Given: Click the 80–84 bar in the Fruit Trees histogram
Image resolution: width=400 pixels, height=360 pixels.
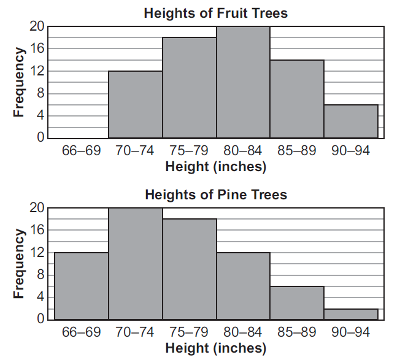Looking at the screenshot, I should click(x=243, y=82).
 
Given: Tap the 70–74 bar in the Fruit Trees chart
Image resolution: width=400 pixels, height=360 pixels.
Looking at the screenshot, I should click(x=135, y=104).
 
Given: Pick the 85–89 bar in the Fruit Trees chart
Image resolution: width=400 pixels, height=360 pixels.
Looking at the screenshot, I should click(x=297, y=99).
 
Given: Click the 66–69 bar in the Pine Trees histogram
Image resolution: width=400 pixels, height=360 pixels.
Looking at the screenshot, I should click(x=82, y=286).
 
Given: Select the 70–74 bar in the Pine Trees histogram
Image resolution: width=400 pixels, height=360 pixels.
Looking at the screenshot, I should click(x=135, y=264).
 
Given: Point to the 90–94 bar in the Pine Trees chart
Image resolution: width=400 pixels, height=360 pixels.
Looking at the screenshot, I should click(x=351, y=314).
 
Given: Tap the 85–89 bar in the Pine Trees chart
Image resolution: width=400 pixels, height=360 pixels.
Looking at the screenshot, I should click(x=297, y=303).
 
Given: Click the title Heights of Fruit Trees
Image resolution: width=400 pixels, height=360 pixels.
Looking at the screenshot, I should click(x=215, y=13).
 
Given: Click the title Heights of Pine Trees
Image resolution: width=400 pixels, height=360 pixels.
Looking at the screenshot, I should click(x=215, y=195).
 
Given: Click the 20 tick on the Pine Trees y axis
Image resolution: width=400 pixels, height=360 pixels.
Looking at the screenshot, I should click(x=37, y=208).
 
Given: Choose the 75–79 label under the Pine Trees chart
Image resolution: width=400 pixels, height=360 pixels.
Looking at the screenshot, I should click(x=189, y=334).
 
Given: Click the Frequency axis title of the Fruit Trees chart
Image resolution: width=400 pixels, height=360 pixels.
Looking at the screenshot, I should click(x=19, y=82).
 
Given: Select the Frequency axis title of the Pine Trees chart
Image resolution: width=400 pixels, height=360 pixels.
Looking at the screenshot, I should click(x=19, y=264).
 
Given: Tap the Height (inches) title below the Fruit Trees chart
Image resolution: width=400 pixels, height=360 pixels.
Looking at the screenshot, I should click(x=215, y=166).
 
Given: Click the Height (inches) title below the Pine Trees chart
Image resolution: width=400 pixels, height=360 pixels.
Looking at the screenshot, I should click(x=215, y=348).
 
